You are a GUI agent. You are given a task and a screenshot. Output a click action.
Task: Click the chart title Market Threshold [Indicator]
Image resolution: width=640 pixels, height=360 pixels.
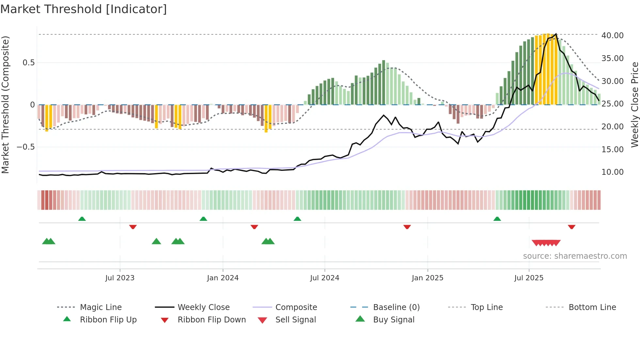84,9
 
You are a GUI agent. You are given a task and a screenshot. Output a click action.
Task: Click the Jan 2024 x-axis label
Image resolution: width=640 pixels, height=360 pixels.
223,278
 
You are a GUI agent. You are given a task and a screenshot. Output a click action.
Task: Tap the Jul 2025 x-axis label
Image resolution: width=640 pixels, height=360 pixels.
529,278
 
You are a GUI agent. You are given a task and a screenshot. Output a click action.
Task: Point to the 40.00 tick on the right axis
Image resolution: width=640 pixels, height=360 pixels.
612,35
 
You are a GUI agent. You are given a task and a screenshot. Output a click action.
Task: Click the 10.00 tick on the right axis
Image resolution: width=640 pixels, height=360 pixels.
612,172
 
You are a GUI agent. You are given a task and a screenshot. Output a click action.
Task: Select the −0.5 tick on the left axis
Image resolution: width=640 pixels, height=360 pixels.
25,147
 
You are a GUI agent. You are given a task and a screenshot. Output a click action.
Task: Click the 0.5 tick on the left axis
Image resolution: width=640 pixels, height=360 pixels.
28,62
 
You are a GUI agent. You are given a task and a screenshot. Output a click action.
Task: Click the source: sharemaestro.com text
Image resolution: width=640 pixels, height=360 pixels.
575,256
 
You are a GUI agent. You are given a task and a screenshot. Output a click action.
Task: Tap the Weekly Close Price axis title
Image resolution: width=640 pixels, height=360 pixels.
634,105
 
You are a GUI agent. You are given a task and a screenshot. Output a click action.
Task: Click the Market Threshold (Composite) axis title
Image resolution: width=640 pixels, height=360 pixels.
5,105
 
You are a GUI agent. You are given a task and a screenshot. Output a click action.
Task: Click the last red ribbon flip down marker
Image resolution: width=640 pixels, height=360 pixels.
571,227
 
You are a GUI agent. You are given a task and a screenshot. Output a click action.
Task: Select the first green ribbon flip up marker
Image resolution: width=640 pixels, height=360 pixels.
82,219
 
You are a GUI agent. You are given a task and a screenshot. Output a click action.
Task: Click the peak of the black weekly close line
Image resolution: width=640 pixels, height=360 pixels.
556,34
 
